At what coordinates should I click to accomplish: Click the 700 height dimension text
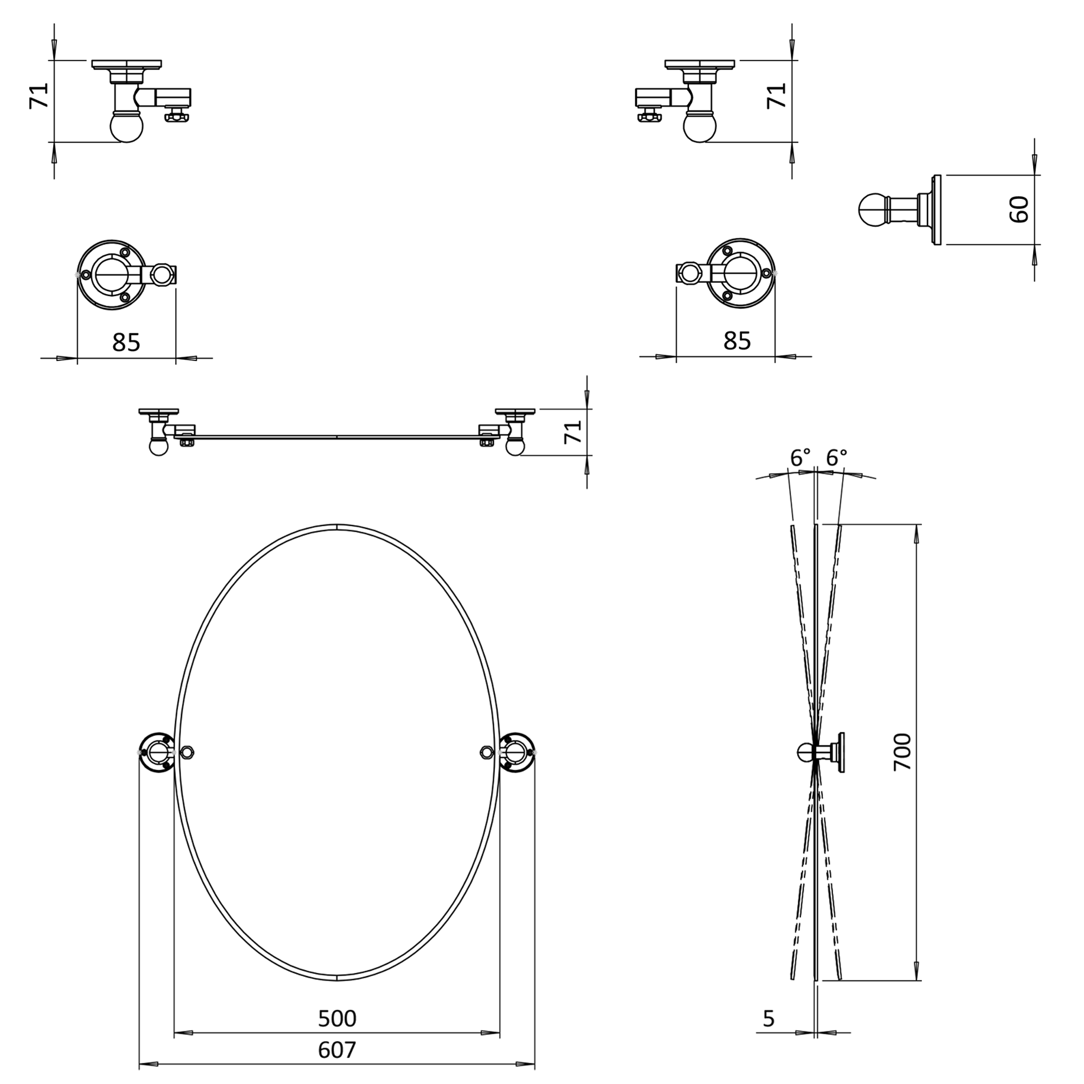point(903,751)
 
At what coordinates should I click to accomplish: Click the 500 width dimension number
point(337,1018)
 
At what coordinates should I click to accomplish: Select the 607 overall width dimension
point(337,1050)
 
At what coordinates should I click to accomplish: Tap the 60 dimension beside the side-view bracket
point(1019,209)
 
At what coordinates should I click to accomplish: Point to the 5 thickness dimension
point(769,1018)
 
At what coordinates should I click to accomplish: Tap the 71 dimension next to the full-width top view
point(573,431)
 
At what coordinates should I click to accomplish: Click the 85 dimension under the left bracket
point(126,342)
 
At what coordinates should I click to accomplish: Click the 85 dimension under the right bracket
point(737,340)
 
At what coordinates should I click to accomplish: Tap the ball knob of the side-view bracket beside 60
point(872,210)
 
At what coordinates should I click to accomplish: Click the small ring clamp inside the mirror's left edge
point(188,752)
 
